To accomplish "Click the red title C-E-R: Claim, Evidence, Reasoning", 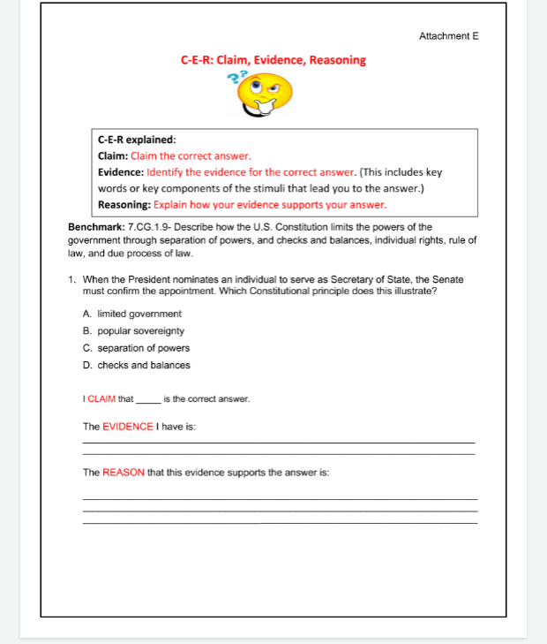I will coord(273,60).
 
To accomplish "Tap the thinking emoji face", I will coord(267,95).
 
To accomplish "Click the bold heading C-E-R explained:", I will coord(137,140).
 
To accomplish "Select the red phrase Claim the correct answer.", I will coord(191,155).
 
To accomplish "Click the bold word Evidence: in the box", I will coord(121,171).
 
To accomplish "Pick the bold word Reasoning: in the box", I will coord(124,204).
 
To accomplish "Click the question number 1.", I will coord(71,280).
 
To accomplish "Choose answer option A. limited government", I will coord(132,314).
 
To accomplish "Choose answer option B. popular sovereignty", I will coord(134,330).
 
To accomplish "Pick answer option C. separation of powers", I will coord(136,348).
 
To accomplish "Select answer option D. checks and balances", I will coord(136,365).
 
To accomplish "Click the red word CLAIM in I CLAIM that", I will coord(102,399).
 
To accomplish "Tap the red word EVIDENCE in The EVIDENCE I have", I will coord(128,427).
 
